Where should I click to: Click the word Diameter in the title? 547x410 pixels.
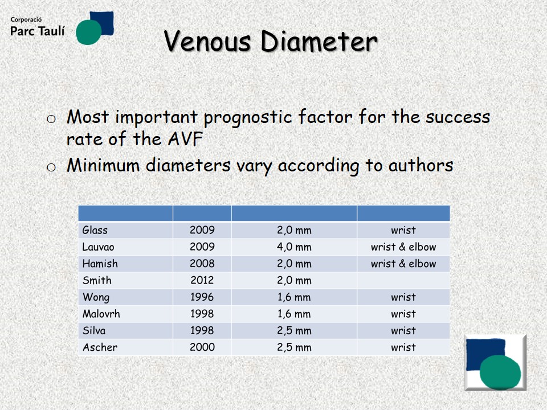[x=319, y=41]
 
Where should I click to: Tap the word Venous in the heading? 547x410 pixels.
[x=207, y=41]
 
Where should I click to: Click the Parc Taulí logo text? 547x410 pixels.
[x=38, y=31]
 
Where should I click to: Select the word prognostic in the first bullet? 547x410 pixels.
[x=248, y=117]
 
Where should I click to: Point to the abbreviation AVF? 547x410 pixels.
[x=185, y=139]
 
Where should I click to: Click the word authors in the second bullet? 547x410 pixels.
[x=421, y=165]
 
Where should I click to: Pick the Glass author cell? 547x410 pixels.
[x=95, y=230]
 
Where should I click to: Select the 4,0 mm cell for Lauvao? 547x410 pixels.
[x=294, y=247]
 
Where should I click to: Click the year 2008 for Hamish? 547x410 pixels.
[x=202, y=264]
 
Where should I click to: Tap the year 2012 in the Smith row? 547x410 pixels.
[x=202, y=280]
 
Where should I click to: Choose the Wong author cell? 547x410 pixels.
[x=96, y=297]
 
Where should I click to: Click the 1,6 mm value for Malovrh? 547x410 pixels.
[x=294, y=314]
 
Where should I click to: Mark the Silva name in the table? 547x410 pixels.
[x=94, y=330]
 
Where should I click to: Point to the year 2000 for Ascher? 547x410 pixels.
[x=202, y=347]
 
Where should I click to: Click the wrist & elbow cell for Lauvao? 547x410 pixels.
[x=403, y=247]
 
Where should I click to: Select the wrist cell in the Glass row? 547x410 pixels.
[x=403, y=230]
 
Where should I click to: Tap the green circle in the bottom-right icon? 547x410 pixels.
[x=500, y=372]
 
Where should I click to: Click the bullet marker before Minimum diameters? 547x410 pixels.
[x=51, y=167]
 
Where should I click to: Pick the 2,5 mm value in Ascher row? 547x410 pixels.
[x=294, y=347]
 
